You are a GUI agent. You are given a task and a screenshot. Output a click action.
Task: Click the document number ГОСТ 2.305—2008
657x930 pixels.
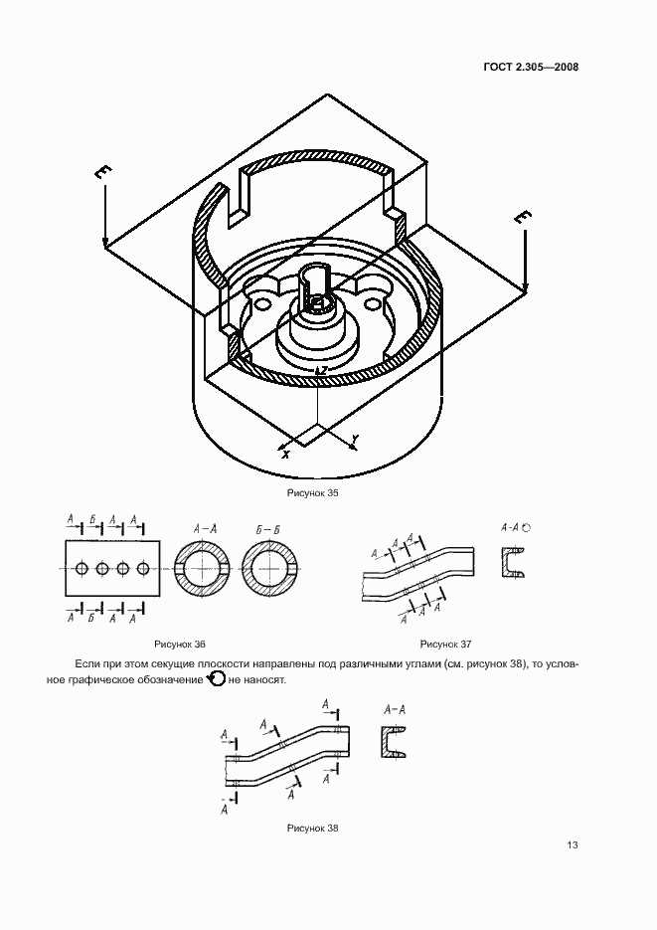point(530,67)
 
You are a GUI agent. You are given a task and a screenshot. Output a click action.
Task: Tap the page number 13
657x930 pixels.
point(572,844)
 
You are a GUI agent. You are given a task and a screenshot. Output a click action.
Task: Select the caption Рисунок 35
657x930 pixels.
point(312,492)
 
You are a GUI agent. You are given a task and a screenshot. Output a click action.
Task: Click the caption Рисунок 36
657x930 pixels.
point(180,644)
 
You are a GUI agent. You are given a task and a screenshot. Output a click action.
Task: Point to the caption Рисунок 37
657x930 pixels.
point(445,644)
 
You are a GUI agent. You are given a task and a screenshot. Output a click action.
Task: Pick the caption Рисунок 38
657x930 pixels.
point(312,828)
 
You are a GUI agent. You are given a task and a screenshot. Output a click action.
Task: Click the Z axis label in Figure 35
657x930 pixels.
point(324,369)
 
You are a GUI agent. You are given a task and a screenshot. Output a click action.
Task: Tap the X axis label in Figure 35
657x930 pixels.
point(286,455)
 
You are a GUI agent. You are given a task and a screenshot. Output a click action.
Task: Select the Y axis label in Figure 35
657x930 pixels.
point(355,439)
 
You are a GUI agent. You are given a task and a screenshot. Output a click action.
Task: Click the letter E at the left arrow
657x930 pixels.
point(103,173)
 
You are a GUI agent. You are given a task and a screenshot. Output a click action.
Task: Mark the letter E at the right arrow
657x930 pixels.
point(523,218)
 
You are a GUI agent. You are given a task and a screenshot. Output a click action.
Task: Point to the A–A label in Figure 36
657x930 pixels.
point(205,529)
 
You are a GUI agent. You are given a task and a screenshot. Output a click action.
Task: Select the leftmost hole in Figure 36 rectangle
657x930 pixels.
point(82,569)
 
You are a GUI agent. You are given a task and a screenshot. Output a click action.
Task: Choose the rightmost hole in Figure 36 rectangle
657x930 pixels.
point(143,569)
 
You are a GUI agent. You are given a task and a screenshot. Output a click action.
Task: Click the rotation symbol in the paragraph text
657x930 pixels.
point(216,679)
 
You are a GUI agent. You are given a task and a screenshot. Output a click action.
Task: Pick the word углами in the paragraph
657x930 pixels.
point(420,663)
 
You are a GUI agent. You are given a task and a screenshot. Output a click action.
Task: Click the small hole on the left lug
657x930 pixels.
point(260,303)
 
